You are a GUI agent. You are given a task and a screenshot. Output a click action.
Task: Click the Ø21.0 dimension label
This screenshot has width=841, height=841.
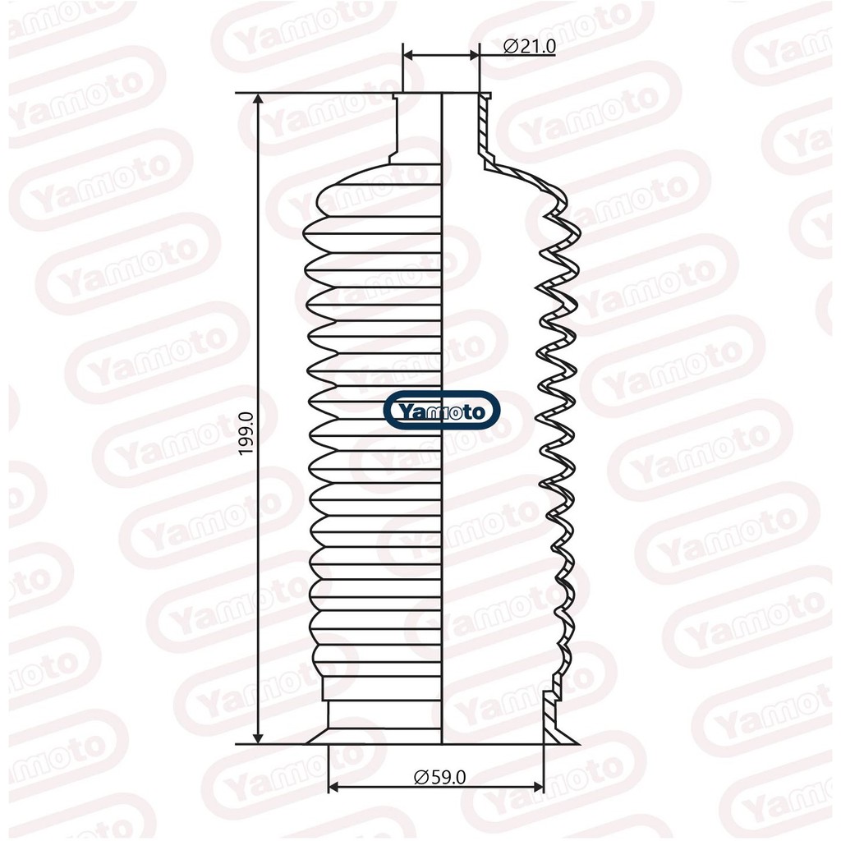click(x=530, y=47)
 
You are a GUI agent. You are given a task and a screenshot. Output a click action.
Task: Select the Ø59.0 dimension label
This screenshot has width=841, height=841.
click(x=440, y=777)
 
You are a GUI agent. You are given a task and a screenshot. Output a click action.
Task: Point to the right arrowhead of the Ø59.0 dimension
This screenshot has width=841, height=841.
click(x=535, y=788)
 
